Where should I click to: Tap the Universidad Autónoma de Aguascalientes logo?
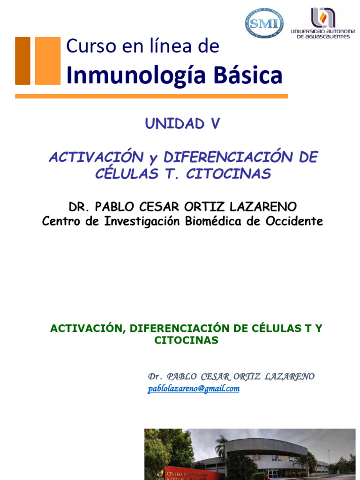tap(320, 22)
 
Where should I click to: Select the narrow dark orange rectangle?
tap(22, 61)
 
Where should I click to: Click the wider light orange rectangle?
tap(48, 61)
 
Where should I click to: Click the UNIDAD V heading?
tap(182, 124)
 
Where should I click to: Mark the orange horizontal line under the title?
tap(151, 96)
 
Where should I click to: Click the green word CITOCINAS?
tap(186, 341)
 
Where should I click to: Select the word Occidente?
tap(293, 221)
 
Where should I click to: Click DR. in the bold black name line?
tap(79, 207)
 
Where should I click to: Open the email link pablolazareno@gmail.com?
tap(194, 389)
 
